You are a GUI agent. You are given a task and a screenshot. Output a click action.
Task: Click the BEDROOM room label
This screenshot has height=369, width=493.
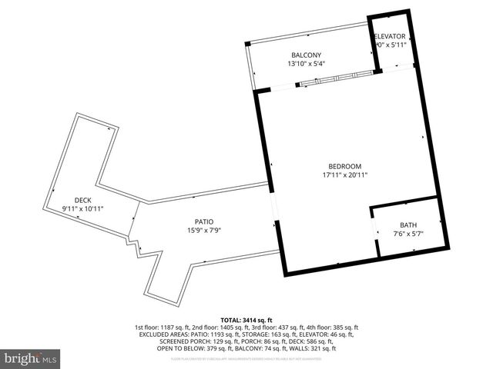pyautogui.click(x=344, y=166)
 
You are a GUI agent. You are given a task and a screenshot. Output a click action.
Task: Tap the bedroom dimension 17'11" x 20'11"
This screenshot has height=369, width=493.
pyautogui.click(x=344, y=175)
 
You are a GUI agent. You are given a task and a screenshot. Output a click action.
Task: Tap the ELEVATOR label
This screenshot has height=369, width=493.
pyautogui.click(x=390, y=36)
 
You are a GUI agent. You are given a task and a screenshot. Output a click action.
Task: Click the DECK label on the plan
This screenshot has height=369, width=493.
pyautogui.click(x=82, y=200)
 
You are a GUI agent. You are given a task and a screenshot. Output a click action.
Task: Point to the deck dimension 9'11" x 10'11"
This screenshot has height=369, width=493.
pyautogui.click(x=82, y=209)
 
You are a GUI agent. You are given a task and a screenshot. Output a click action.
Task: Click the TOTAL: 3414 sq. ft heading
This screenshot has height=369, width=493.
pyautogui.click(x=246, y=319)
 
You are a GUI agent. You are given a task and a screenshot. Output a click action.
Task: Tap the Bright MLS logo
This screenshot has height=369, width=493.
pyautogui.click(x=31, y=357)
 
